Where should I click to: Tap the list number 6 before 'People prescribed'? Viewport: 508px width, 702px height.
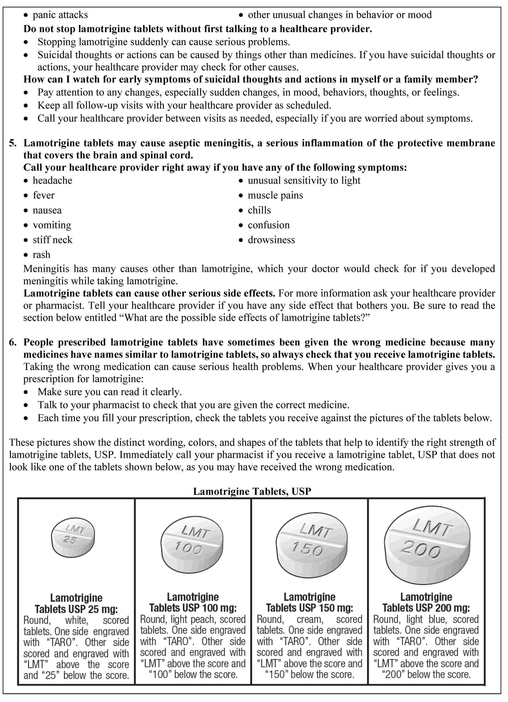12,342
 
